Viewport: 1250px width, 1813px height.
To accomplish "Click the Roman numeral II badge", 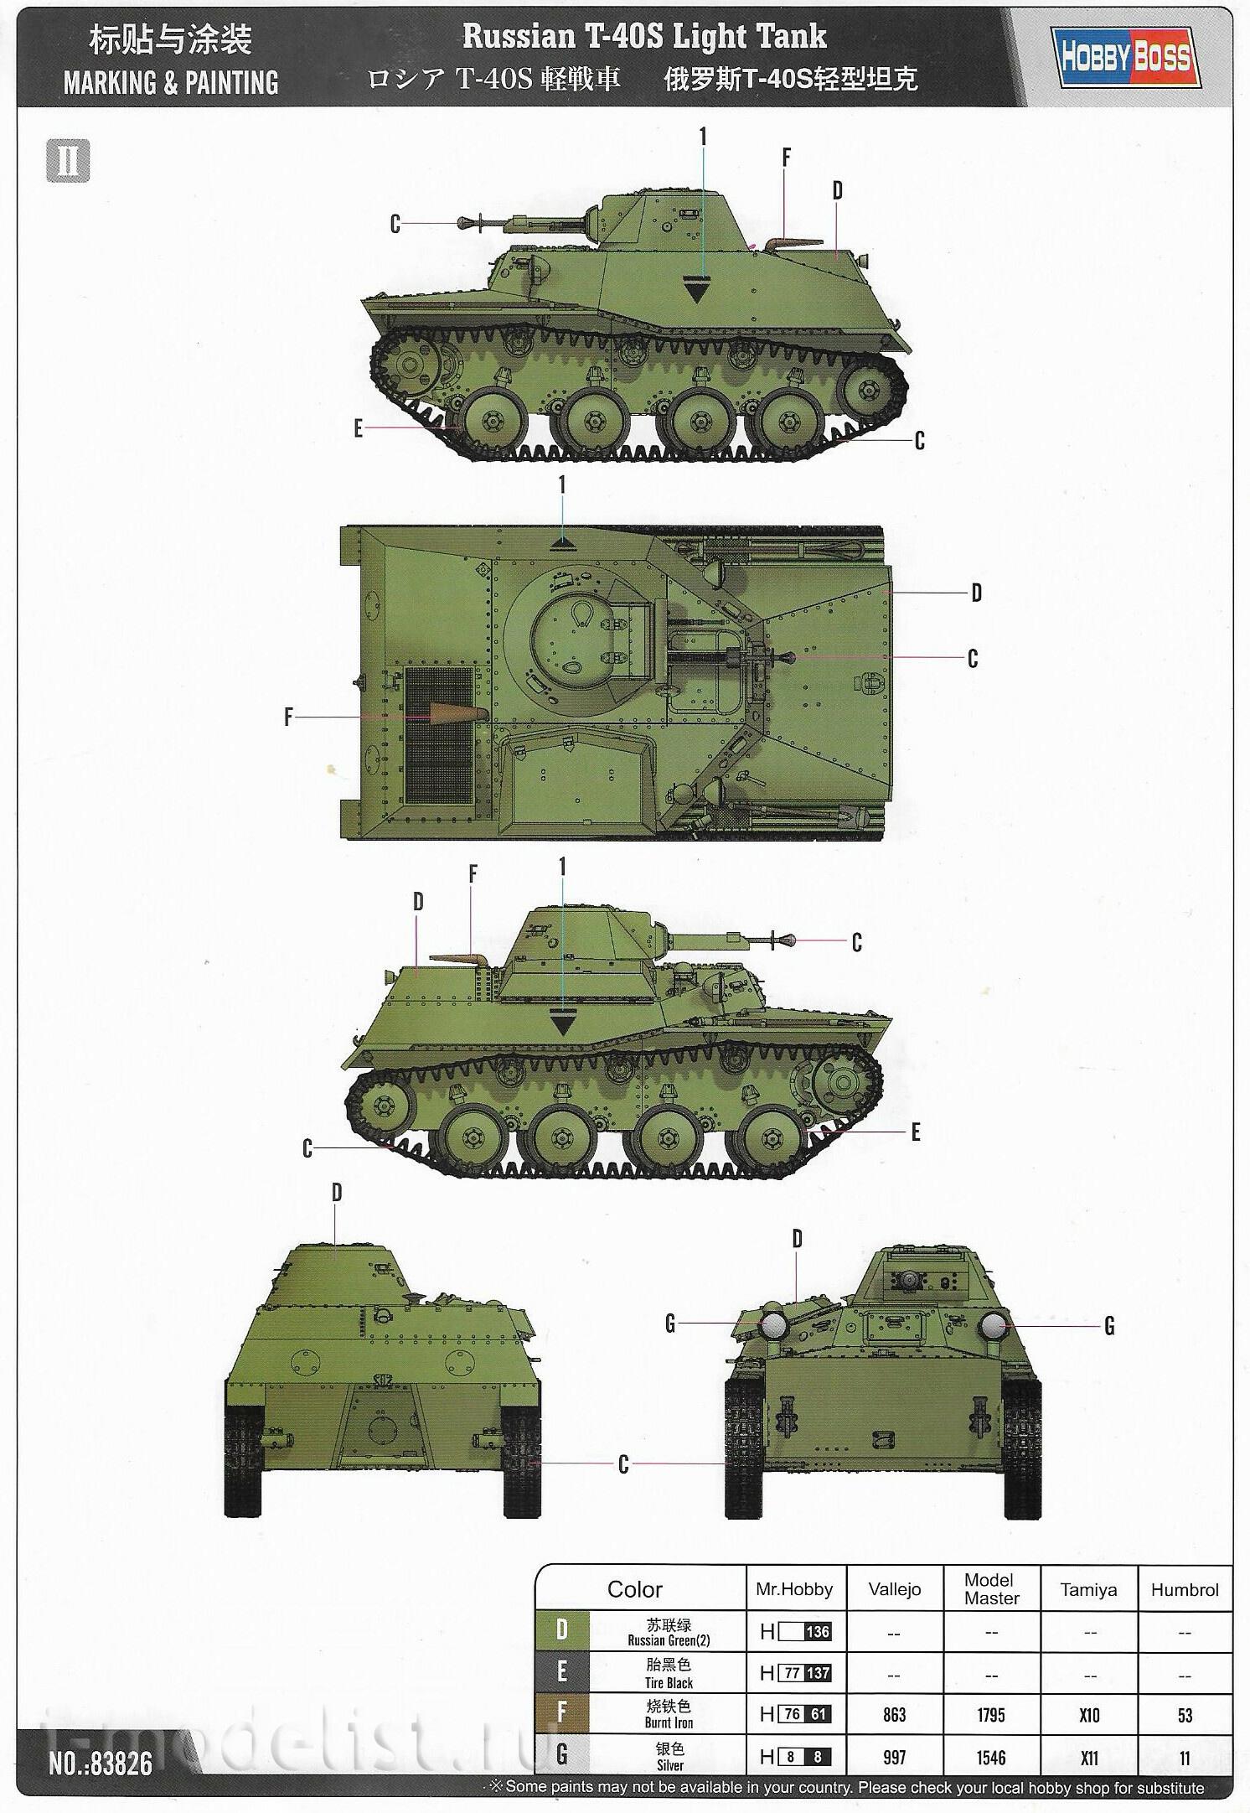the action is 68,160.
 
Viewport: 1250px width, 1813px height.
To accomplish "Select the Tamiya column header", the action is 1088,1589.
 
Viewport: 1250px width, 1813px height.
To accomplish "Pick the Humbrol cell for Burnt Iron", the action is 1184,1715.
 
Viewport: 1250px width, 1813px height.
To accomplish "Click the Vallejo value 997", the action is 895,1757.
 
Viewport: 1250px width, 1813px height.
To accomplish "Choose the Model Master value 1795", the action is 991,1715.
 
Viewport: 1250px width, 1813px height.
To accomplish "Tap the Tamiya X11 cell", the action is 1088,1757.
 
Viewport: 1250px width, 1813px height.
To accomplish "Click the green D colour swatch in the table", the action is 562,1630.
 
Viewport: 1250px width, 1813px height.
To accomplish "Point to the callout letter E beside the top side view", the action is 359,428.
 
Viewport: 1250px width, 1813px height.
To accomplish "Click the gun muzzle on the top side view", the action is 463,223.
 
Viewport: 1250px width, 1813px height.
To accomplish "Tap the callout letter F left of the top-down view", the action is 288,717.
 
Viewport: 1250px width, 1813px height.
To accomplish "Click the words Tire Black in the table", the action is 669,1682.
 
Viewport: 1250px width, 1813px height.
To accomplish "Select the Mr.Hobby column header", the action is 794,1589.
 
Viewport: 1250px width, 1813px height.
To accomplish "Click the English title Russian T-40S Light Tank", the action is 644,36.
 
